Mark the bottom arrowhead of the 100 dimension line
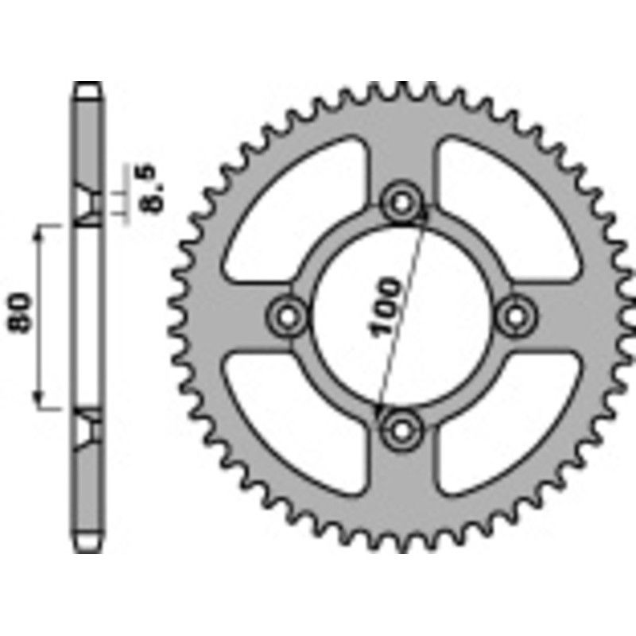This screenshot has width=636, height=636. (379, 411)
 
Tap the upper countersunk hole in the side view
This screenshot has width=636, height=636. (89, 203)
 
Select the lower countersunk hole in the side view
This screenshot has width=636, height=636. (89, 430)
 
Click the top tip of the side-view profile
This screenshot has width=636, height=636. (89, 84)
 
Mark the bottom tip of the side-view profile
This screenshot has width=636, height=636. (89, 549)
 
